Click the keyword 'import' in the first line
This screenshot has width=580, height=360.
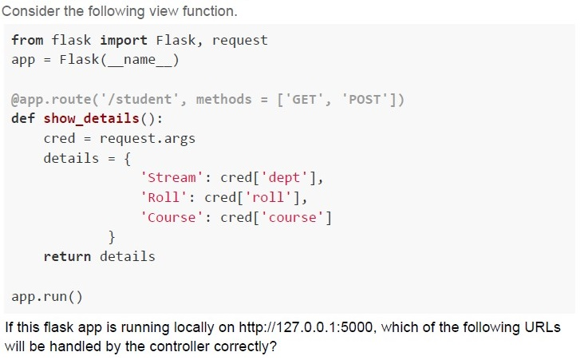click(x=124, y=40)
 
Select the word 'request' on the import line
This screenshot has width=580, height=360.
click(x=239, y=41)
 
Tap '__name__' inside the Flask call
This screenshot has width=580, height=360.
click(x=140, y=60)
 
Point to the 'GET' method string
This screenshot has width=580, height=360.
click(x=304, y=99)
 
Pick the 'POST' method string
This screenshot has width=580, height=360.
click(x=365, y=99)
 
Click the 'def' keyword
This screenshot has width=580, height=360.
click(x=23, y=118)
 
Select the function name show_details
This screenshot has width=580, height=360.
click(x=92, y=119)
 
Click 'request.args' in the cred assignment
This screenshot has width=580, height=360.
click(x=148, y=138)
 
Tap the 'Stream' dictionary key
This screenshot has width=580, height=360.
click(x=172, y=177)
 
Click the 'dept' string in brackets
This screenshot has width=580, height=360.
click(x=284, y=177)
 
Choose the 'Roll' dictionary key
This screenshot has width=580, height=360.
click(x=164, y=197)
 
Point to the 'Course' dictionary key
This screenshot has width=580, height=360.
click(x=172, y=217)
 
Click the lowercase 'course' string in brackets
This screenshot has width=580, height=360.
click(x=292, y=217)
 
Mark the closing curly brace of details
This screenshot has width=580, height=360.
click(x=112, y=237)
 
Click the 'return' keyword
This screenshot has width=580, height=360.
click(x=67, y=256)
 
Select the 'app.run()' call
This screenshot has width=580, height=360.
click(x=47, y=296)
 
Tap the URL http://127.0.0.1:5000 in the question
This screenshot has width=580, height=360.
click(x=306, y=327)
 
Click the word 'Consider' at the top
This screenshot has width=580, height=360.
click(x=31, y=11)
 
